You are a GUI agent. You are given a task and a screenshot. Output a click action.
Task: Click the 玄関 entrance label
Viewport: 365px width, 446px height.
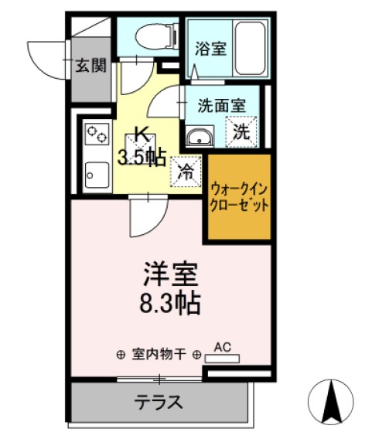[x=90, y=66]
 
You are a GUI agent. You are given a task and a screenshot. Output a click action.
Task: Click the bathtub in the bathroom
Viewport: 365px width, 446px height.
[x=250, y=49]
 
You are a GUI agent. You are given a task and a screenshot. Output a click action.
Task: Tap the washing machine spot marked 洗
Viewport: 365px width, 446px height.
[x=241, y=131]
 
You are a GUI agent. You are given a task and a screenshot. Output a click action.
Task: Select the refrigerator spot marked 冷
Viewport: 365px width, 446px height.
[x=186, y=171]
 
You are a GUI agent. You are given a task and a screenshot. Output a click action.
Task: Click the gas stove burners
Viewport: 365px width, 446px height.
[x=97, y=134]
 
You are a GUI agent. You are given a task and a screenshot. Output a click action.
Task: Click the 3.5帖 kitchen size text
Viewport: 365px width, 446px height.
[x=141, y=158]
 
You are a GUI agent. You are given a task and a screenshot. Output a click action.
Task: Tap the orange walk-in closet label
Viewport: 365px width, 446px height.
[x=238, y=197]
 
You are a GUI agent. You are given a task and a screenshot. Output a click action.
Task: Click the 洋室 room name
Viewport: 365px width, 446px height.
[x=170, y=274]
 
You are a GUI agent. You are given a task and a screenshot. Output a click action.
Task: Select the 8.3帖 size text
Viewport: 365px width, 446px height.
[x=170, y=301]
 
